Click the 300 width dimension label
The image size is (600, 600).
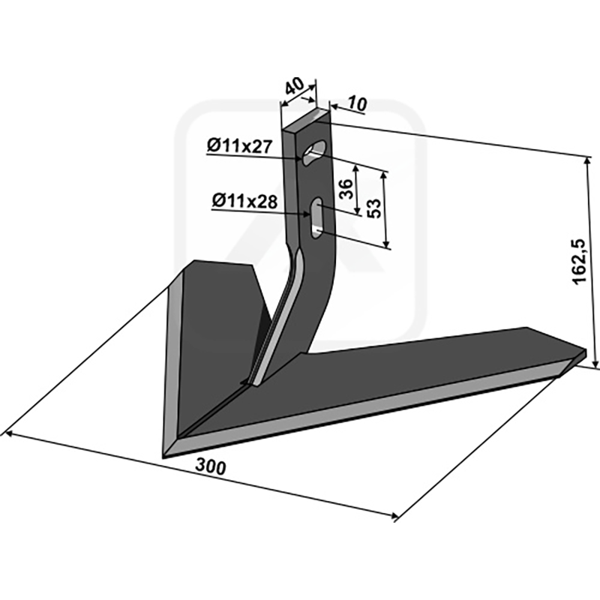pyautogui.click(x=211, y=466)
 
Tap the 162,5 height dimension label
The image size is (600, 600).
pyautogui.click(x=580, y=262)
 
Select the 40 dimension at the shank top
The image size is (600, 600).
pyautogui.click(x=295, y=86)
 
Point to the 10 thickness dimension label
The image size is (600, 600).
pyautogui.click(x=358, y=103)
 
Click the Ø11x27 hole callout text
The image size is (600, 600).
pyautogui.click(x=240, y=146)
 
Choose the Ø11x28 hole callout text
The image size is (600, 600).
pyautogui.click(x=245, y=201)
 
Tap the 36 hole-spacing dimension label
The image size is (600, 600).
pyautogui.click(x=346, y=189)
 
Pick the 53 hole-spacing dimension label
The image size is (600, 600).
pyautogui.click(x=374, y=208)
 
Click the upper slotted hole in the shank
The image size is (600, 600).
pyautogui.click(x=314, y=152)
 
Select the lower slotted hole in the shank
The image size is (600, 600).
pyautogui.click(x=316, y=218)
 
